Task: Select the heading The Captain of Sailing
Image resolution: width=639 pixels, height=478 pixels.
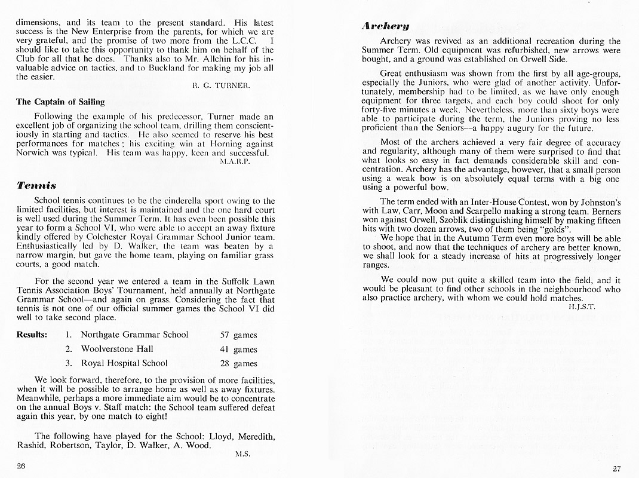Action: tap(60, 102)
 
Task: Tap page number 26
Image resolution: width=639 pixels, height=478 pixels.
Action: tap(21, 465)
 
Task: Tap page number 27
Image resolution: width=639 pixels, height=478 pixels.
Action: tap(616, 468)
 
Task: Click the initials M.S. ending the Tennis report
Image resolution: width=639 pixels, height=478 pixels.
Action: tap(242, 454)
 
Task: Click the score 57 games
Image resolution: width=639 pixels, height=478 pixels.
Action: tap(239, 335)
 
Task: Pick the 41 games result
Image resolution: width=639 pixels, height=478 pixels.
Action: tap(239, 350)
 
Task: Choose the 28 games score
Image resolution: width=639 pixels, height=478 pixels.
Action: tap(239, 363)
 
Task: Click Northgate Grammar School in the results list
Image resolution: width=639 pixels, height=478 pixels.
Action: tap(134, 335)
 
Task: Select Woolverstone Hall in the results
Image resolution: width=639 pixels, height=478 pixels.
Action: tap(117, 349)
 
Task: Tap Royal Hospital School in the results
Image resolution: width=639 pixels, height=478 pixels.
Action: tap(124, 363)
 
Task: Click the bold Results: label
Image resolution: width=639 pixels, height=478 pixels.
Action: tap(32, 335)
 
